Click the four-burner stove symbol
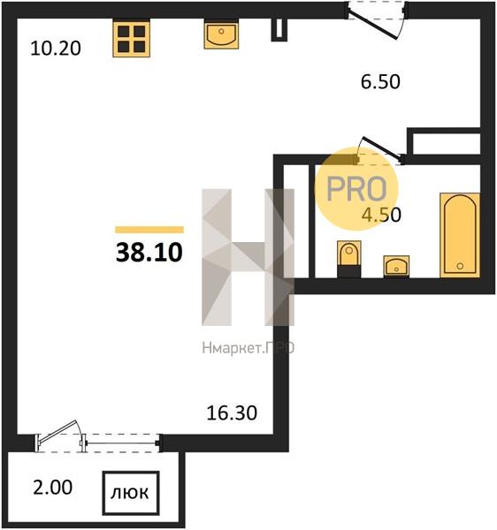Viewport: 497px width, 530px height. tap(131, 39)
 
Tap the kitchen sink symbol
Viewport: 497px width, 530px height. tap(221, 34)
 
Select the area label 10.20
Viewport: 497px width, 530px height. tap(56, 49)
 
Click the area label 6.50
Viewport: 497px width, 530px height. tap(380, 82)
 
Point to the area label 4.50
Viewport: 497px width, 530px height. tap(381, 215)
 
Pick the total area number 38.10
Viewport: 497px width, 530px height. tap(149, 253)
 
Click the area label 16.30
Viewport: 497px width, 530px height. tap(232, 413)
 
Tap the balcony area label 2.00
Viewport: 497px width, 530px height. tap(53, 488)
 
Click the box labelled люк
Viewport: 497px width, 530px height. tap(131, 493)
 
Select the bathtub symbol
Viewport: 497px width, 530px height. tap(460, 235)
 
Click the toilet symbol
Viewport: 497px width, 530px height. tap(349, 259)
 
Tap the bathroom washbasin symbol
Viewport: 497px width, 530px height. tap(396, 267)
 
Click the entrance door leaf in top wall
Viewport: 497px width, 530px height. tap(372, 25)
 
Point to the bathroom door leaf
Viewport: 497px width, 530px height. tap(382, 148)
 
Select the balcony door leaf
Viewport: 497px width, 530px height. tap(57, 432)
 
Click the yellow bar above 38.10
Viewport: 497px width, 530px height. tap(149, 230)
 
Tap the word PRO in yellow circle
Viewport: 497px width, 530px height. tap(356, 189)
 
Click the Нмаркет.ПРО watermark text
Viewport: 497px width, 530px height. tap(248, 348)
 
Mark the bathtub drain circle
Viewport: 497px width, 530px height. tap(460, 266)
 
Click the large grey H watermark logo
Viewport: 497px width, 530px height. tap(248, 257)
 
